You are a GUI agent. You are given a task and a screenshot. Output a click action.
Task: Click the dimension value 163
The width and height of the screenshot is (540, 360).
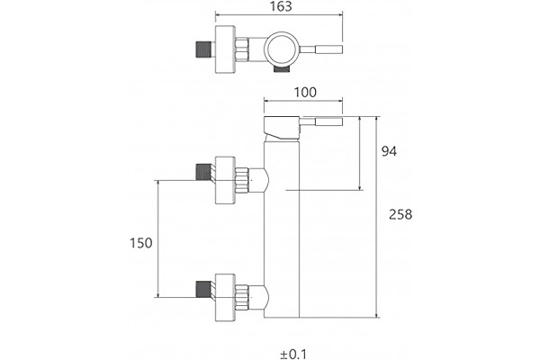tap(281, 6)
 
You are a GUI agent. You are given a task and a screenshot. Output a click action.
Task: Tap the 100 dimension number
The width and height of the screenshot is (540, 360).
tap(305, 93)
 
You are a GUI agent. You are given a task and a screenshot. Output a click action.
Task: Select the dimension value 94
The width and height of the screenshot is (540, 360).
tap(389, 151)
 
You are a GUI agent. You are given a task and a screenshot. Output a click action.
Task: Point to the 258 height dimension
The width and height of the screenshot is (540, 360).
tap(400, 214)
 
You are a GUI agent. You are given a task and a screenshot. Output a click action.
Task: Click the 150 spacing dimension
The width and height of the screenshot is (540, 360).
tap(141, 243)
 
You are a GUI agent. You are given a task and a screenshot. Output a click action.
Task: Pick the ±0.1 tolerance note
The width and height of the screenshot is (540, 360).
tap(293, 354)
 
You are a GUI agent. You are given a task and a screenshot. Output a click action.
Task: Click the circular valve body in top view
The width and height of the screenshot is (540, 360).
tap(282, 49)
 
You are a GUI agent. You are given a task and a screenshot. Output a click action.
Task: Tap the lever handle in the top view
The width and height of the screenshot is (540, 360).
tap(321, 49)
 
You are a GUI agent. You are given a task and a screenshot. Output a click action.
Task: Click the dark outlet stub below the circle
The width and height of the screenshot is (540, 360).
tap(282, 69)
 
